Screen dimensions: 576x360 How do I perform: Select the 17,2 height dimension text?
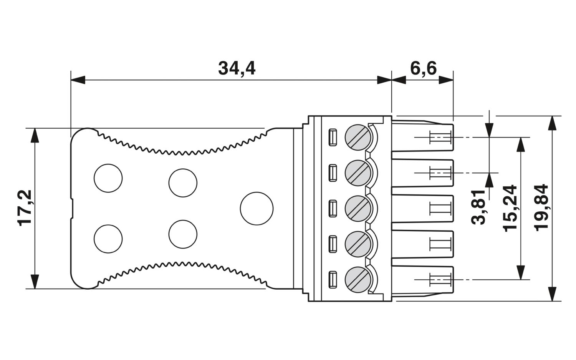point(25,208)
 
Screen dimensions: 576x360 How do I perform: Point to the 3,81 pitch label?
point(478,207)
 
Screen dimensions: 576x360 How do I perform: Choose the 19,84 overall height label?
point(541,207)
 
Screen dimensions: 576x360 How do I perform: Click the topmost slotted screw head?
point(358,138)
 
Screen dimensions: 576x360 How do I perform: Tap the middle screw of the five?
point(358,209)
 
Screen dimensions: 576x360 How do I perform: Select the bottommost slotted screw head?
point(358,280)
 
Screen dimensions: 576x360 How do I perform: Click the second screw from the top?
point(358,173)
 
